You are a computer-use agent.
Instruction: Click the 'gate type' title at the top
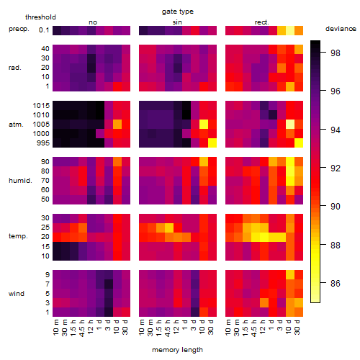coord(178,12)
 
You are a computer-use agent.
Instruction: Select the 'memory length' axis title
coord(177,350)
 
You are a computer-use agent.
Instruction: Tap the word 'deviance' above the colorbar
coord(341,29)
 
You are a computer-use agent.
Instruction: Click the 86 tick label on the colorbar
coord(336,284)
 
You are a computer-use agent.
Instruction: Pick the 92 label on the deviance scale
coord(336,168)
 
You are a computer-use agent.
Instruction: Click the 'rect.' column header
coord(262,22)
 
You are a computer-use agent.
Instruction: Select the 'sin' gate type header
coord(177,22)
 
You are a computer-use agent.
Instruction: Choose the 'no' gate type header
coord(93,22)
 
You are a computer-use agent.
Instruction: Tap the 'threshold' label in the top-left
coord(40,17)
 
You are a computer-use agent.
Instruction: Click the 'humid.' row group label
coord(20,181)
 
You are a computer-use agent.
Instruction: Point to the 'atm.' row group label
coord(16,125)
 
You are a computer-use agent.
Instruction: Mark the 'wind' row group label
coord(17,294)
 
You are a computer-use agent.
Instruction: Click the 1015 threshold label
coord(41,106)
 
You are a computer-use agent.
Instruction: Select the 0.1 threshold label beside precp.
coord(44,30)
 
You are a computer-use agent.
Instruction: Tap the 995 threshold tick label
coord(43,143)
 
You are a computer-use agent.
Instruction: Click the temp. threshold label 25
coord(45,228)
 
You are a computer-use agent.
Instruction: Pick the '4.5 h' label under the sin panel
coord(168,328)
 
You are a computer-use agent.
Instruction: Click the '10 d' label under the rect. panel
coord(289,327)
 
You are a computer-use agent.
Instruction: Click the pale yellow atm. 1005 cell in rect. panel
coord(290,124)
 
